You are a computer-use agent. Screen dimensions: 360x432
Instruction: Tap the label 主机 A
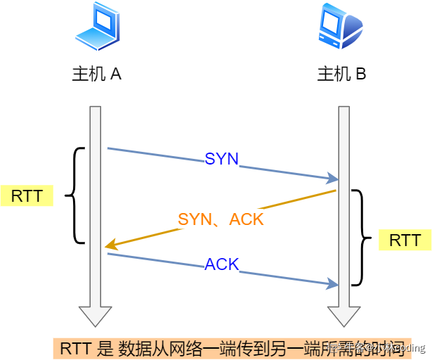click(x=97, y=74)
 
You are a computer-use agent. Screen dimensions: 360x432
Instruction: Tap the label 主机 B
click(x=341, y=74)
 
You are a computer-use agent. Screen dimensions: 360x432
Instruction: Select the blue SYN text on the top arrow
click(x=222, y=159)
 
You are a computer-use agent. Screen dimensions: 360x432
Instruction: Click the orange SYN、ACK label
click(x=221, y=219)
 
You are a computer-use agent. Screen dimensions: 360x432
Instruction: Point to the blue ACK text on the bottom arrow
click(x=222, y=264)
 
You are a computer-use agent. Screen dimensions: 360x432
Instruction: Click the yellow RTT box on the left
click(x=27, y=195)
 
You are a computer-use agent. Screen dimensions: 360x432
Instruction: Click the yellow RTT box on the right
click(x=405, y=240)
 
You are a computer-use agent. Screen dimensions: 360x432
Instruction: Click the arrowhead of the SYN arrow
click(x=334, y=180)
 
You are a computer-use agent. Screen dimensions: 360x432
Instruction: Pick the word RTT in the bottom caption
click(x=74, y=347)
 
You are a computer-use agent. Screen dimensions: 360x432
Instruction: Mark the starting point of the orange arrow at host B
click(x=335, y=190)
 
